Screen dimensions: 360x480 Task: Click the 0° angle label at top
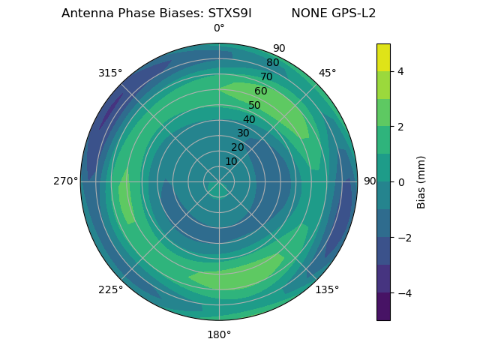tap(219, 28)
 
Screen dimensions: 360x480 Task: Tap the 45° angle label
tap(327, 73)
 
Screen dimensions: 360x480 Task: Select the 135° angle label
tap(327, 289)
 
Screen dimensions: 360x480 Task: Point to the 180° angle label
tap(219, 334)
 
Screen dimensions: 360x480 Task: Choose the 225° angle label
tap(110, 289)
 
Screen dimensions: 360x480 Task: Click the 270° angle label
tap(66, 181)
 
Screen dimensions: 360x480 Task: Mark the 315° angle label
tap(110, 73)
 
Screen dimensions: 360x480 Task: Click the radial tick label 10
tap(231, 161)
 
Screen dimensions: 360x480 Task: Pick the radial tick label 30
tap(243, 133)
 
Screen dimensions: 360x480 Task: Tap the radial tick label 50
tap(255, 106)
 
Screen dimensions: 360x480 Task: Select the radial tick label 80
tap(273, 63)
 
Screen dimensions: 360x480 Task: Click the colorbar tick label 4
tap(400, 71)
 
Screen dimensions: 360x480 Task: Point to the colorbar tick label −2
tap(403, 238)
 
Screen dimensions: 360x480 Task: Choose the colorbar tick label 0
tap(400, 182)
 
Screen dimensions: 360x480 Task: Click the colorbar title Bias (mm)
tap(421, 181)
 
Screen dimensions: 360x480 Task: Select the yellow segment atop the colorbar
tap(383, 57)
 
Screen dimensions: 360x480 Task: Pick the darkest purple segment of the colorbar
tap(383, 307)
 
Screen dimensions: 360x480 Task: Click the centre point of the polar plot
tap(219, 181)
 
